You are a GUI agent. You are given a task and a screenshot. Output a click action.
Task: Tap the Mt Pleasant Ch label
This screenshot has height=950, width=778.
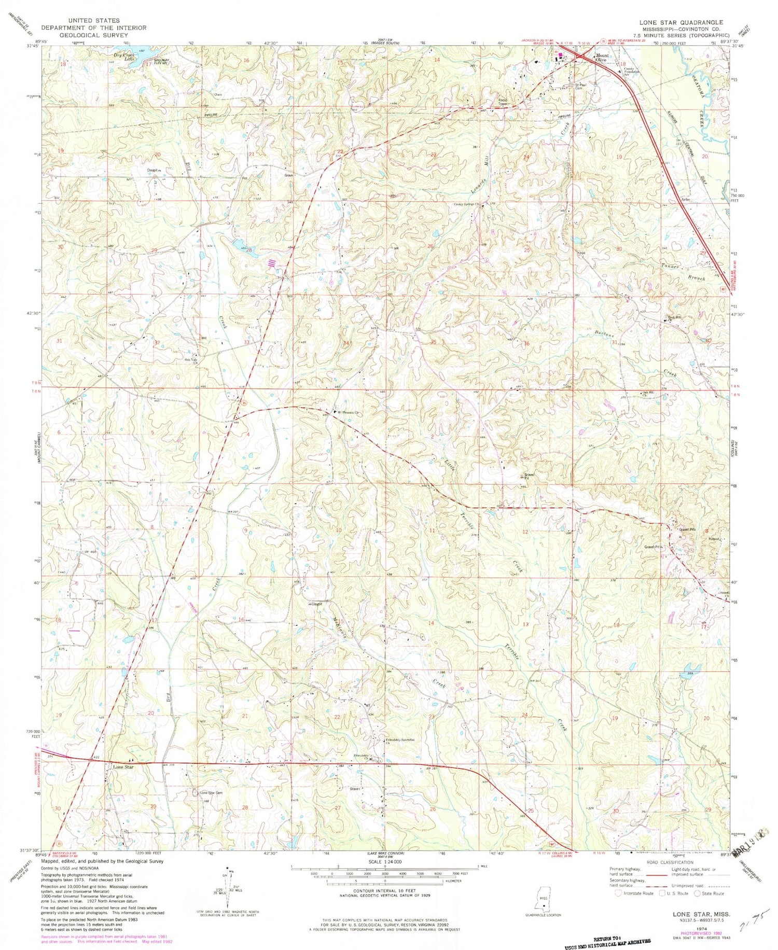[x=349, y=413]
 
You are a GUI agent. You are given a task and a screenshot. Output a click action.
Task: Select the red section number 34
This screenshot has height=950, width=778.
[x=346, y=343]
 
